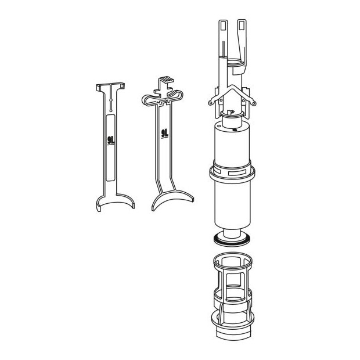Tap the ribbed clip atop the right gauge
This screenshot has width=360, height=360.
165,80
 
